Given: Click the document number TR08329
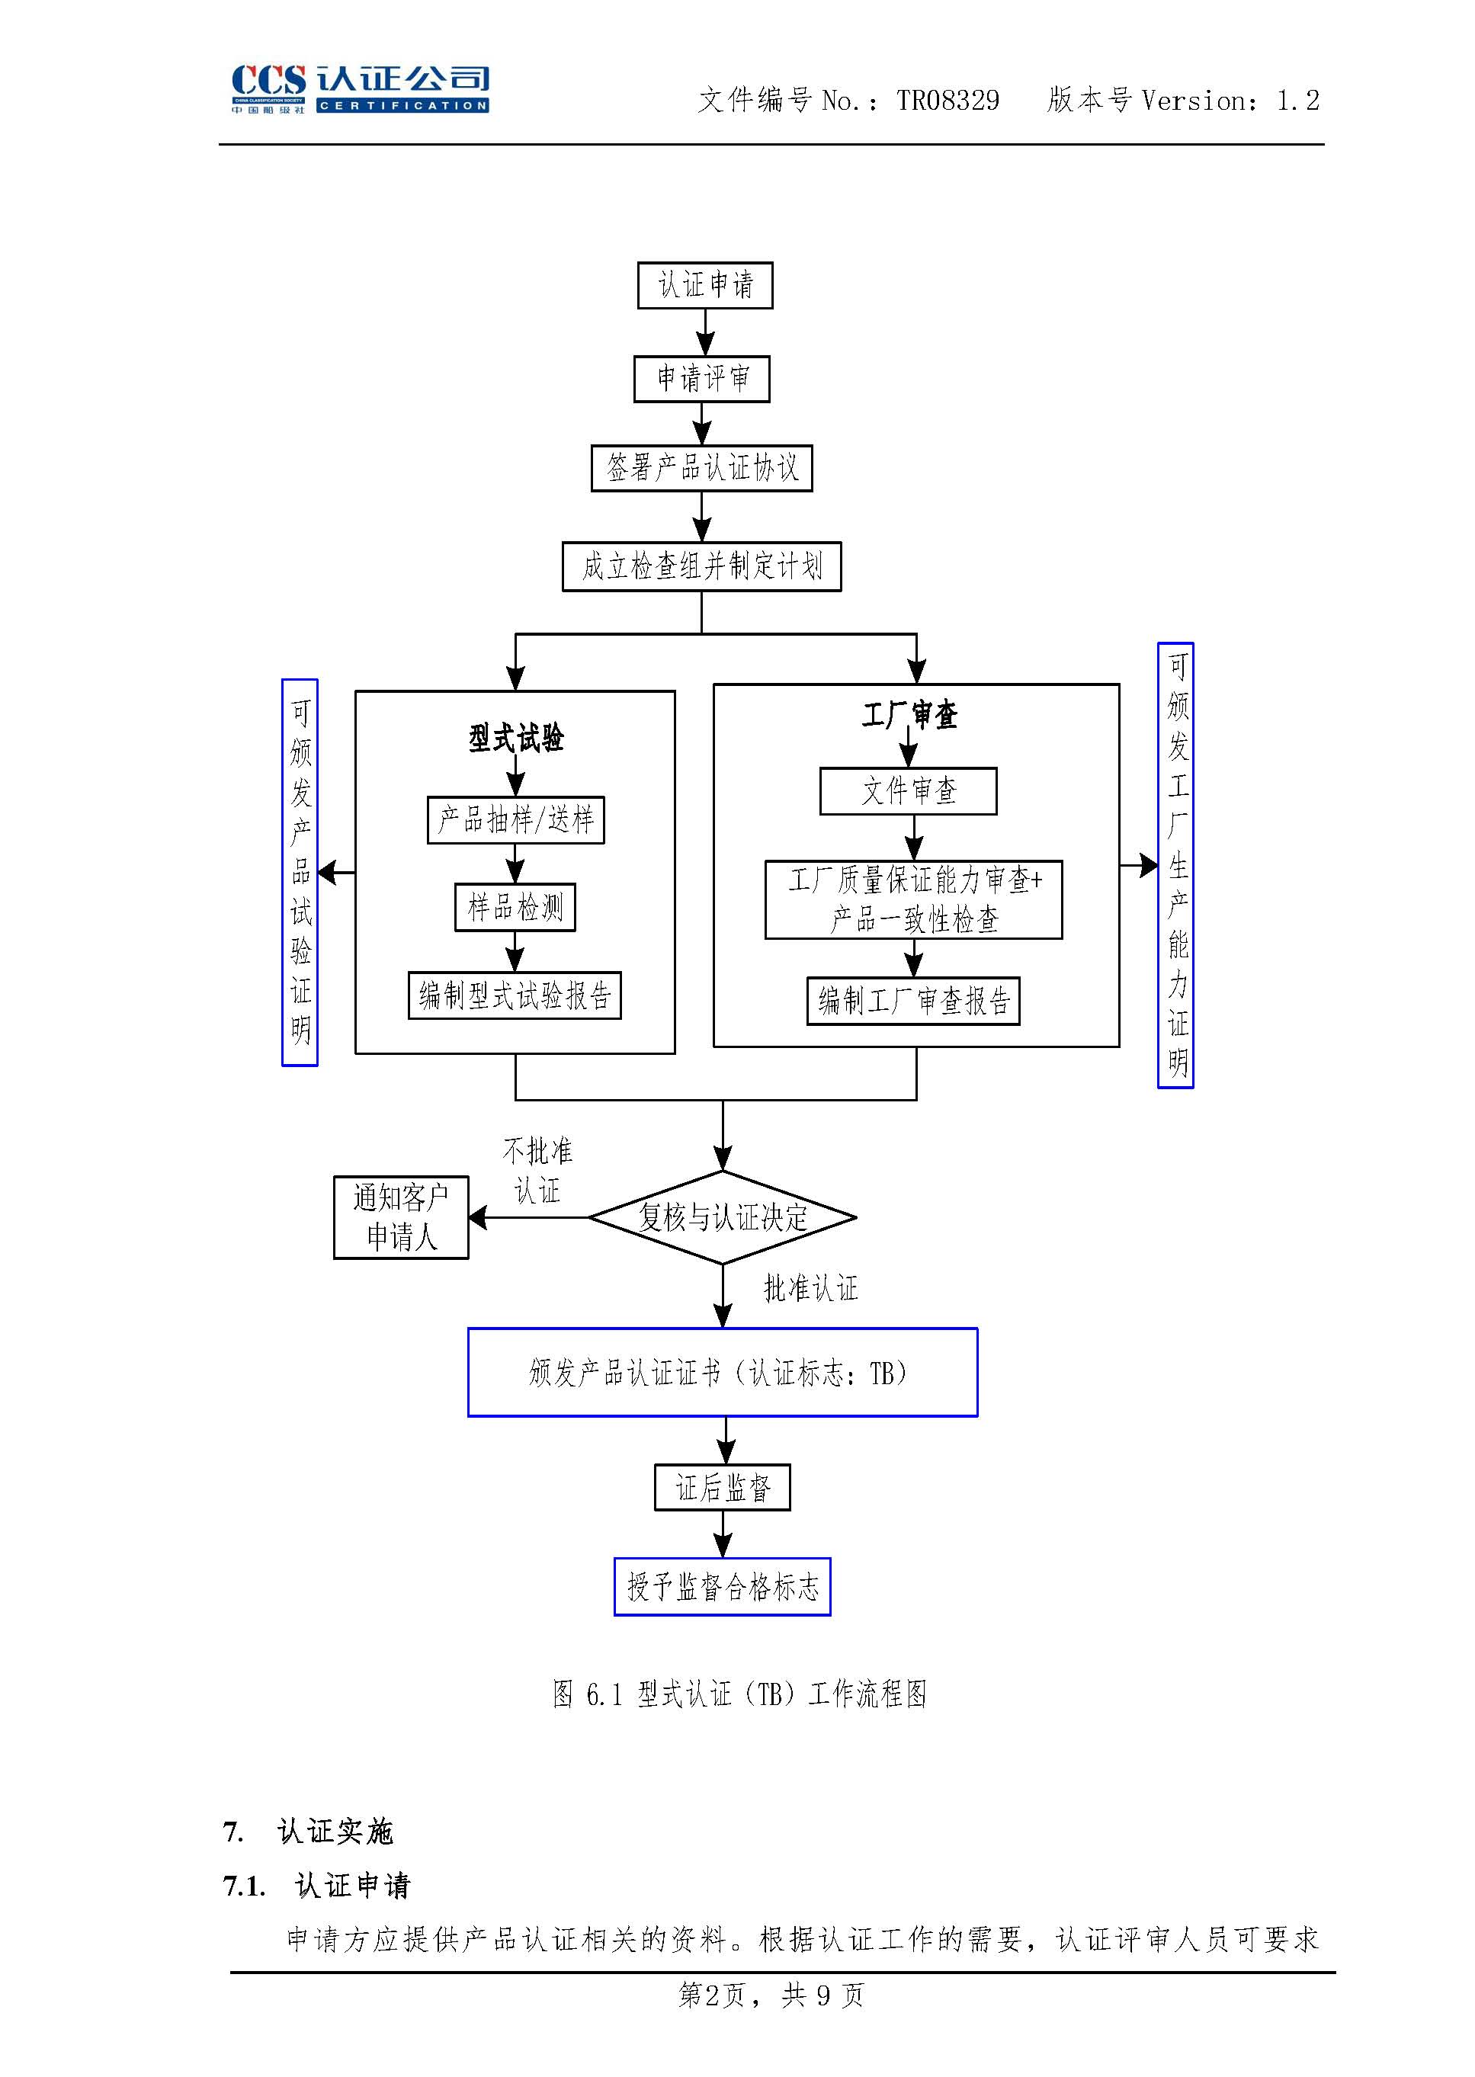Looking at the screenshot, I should click(x=948, y=100).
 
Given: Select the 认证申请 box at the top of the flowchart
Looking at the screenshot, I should click(x=705, y=285).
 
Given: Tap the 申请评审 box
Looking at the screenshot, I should click(x=701, y=379).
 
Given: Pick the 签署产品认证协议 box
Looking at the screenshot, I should click(x=701, y=468).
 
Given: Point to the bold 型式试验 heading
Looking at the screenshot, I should click(x=516, y=738).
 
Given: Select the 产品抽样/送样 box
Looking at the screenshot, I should click(x=515, y=820).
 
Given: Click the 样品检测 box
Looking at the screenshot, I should click(x=515, y=907).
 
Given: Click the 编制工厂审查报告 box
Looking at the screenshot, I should click(x=912, y=1001).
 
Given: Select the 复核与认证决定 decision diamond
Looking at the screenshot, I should click(x=722, y=1217).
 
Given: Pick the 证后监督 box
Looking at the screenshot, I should click(x=722, y=1488).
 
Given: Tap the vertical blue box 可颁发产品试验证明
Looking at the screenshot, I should click(x=300, y=872).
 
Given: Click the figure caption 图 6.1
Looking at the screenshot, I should click(x=739, y=1694).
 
